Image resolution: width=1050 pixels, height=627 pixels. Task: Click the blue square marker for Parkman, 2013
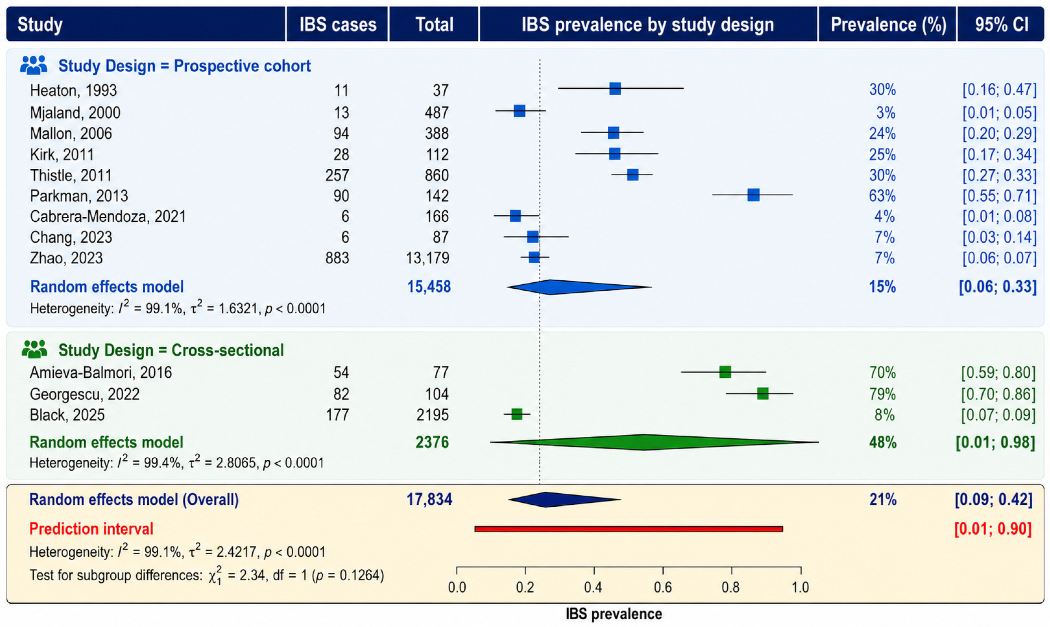click(753, 195)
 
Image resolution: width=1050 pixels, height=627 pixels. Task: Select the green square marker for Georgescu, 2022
click(763, 393)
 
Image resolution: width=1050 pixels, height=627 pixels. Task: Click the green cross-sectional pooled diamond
click(654, 442)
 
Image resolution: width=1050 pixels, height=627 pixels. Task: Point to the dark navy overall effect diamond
click(564, 499)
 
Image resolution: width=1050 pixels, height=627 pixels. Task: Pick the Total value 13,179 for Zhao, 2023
click(428, 258)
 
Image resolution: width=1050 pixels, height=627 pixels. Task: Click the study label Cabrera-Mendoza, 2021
click(108, 216)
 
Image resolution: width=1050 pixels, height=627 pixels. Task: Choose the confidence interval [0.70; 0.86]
click(998, 394)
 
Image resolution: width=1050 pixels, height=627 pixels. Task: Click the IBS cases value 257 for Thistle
click(337, 175)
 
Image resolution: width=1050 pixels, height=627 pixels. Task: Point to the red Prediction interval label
click(91, 529)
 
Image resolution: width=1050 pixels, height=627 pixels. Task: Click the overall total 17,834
click(429, 499)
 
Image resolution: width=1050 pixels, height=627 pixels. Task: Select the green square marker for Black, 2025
click(517, 414)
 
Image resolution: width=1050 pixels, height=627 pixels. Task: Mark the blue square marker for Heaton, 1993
click(615, 88)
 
